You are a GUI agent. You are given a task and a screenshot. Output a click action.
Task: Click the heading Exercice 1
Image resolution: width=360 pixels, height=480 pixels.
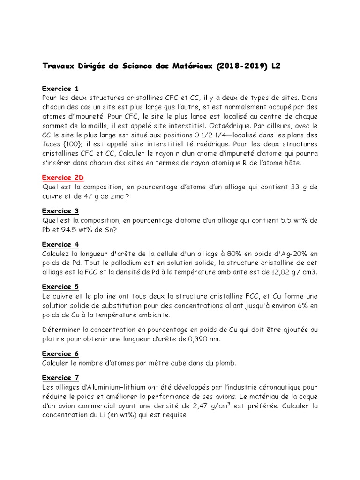click(x=60, y=89)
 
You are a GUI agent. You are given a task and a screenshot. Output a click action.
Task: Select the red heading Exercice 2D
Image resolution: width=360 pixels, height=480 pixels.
click(x=63, y=178)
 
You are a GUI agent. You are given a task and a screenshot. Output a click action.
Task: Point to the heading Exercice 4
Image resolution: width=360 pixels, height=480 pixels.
click(x=60, y=244)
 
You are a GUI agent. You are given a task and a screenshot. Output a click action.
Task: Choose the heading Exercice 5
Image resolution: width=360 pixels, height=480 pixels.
click(x=60, y=287)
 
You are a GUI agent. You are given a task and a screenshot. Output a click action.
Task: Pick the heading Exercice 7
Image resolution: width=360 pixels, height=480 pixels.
click(x=60, y=378)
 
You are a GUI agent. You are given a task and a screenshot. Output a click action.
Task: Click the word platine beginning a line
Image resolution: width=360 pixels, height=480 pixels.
click(x=54, y=339)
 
